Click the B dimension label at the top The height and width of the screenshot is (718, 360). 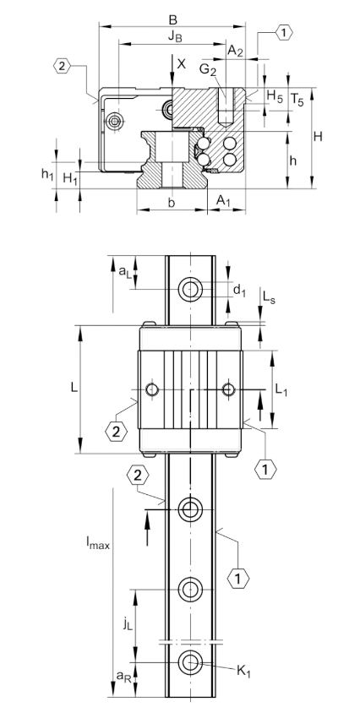click(172, 19)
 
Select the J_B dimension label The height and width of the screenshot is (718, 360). click(174, 37)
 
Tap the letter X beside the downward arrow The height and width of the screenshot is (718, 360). click(182, 63)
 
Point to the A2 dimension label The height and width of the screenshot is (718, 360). click(236, 51)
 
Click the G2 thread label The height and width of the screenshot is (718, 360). click(208, 69)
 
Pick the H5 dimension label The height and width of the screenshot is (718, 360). click(275, 96)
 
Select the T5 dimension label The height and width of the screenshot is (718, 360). click(297, 100)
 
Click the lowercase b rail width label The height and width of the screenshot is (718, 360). click(171, 203)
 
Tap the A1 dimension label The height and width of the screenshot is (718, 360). click(223, 200)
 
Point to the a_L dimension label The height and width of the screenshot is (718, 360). click(124, 271)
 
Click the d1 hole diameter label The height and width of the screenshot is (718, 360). click(239, 290)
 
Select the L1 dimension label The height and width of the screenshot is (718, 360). click(281, 389)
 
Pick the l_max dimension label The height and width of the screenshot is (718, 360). click(98, 542)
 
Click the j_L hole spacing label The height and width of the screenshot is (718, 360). click(128, 625)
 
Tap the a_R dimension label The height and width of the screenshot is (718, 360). click(123, 676)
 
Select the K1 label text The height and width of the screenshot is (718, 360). click(243, 672)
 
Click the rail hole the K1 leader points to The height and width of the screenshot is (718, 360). click(190, 662)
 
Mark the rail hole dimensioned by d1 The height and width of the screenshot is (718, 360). click(190, 289)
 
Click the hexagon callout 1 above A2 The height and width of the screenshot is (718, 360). click(284, 33)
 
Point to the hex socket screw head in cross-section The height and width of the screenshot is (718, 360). click(114, 122)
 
